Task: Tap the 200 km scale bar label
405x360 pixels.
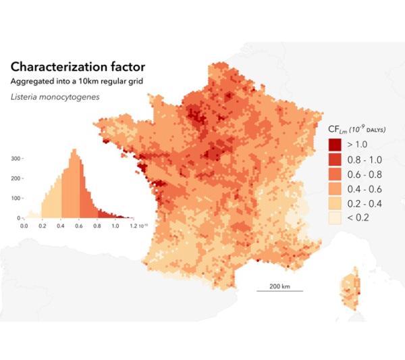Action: coord(279,286)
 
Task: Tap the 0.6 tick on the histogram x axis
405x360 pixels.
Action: coord(78,225)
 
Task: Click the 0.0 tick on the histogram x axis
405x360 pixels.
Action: coord(24,225)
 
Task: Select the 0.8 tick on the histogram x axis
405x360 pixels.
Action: coord(96,225)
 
